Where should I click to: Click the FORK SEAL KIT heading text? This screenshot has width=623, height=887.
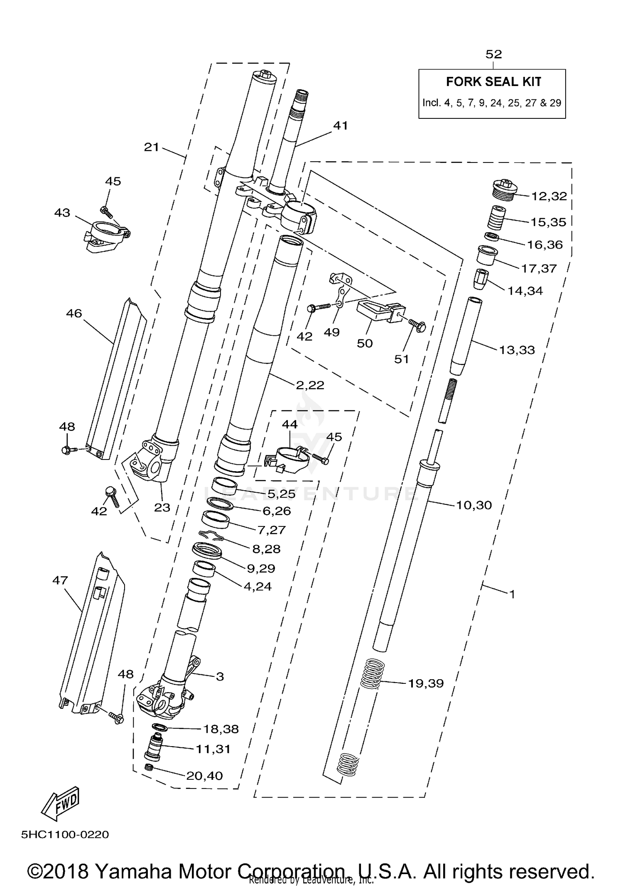click(x=493, y=82)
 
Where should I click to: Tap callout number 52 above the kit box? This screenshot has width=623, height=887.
click(x=493, y=54)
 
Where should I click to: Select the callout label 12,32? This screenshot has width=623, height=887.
click(x=549, y=196)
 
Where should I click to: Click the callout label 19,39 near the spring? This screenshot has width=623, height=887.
click(x=426, y=683)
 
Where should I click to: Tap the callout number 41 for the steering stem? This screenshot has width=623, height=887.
click(x=341, y=125)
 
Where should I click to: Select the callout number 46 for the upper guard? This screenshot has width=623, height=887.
click(x=74, y=313)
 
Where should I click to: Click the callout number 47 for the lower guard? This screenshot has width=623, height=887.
click(x=60, y=580)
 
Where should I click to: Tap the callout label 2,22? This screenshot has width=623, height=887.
click(x=310, y=385)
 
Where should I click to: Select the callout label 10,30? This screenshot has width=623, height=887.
click(x=473, y=505)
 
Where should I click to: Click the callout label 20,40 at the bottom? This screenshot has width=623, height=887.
click(x=204, y=776)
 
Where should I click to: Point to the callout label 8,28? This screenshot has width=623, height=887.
click(x=266, y=549)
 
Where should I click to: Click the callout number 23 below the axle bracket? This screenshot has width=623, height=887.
click(x=162, y=507)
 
